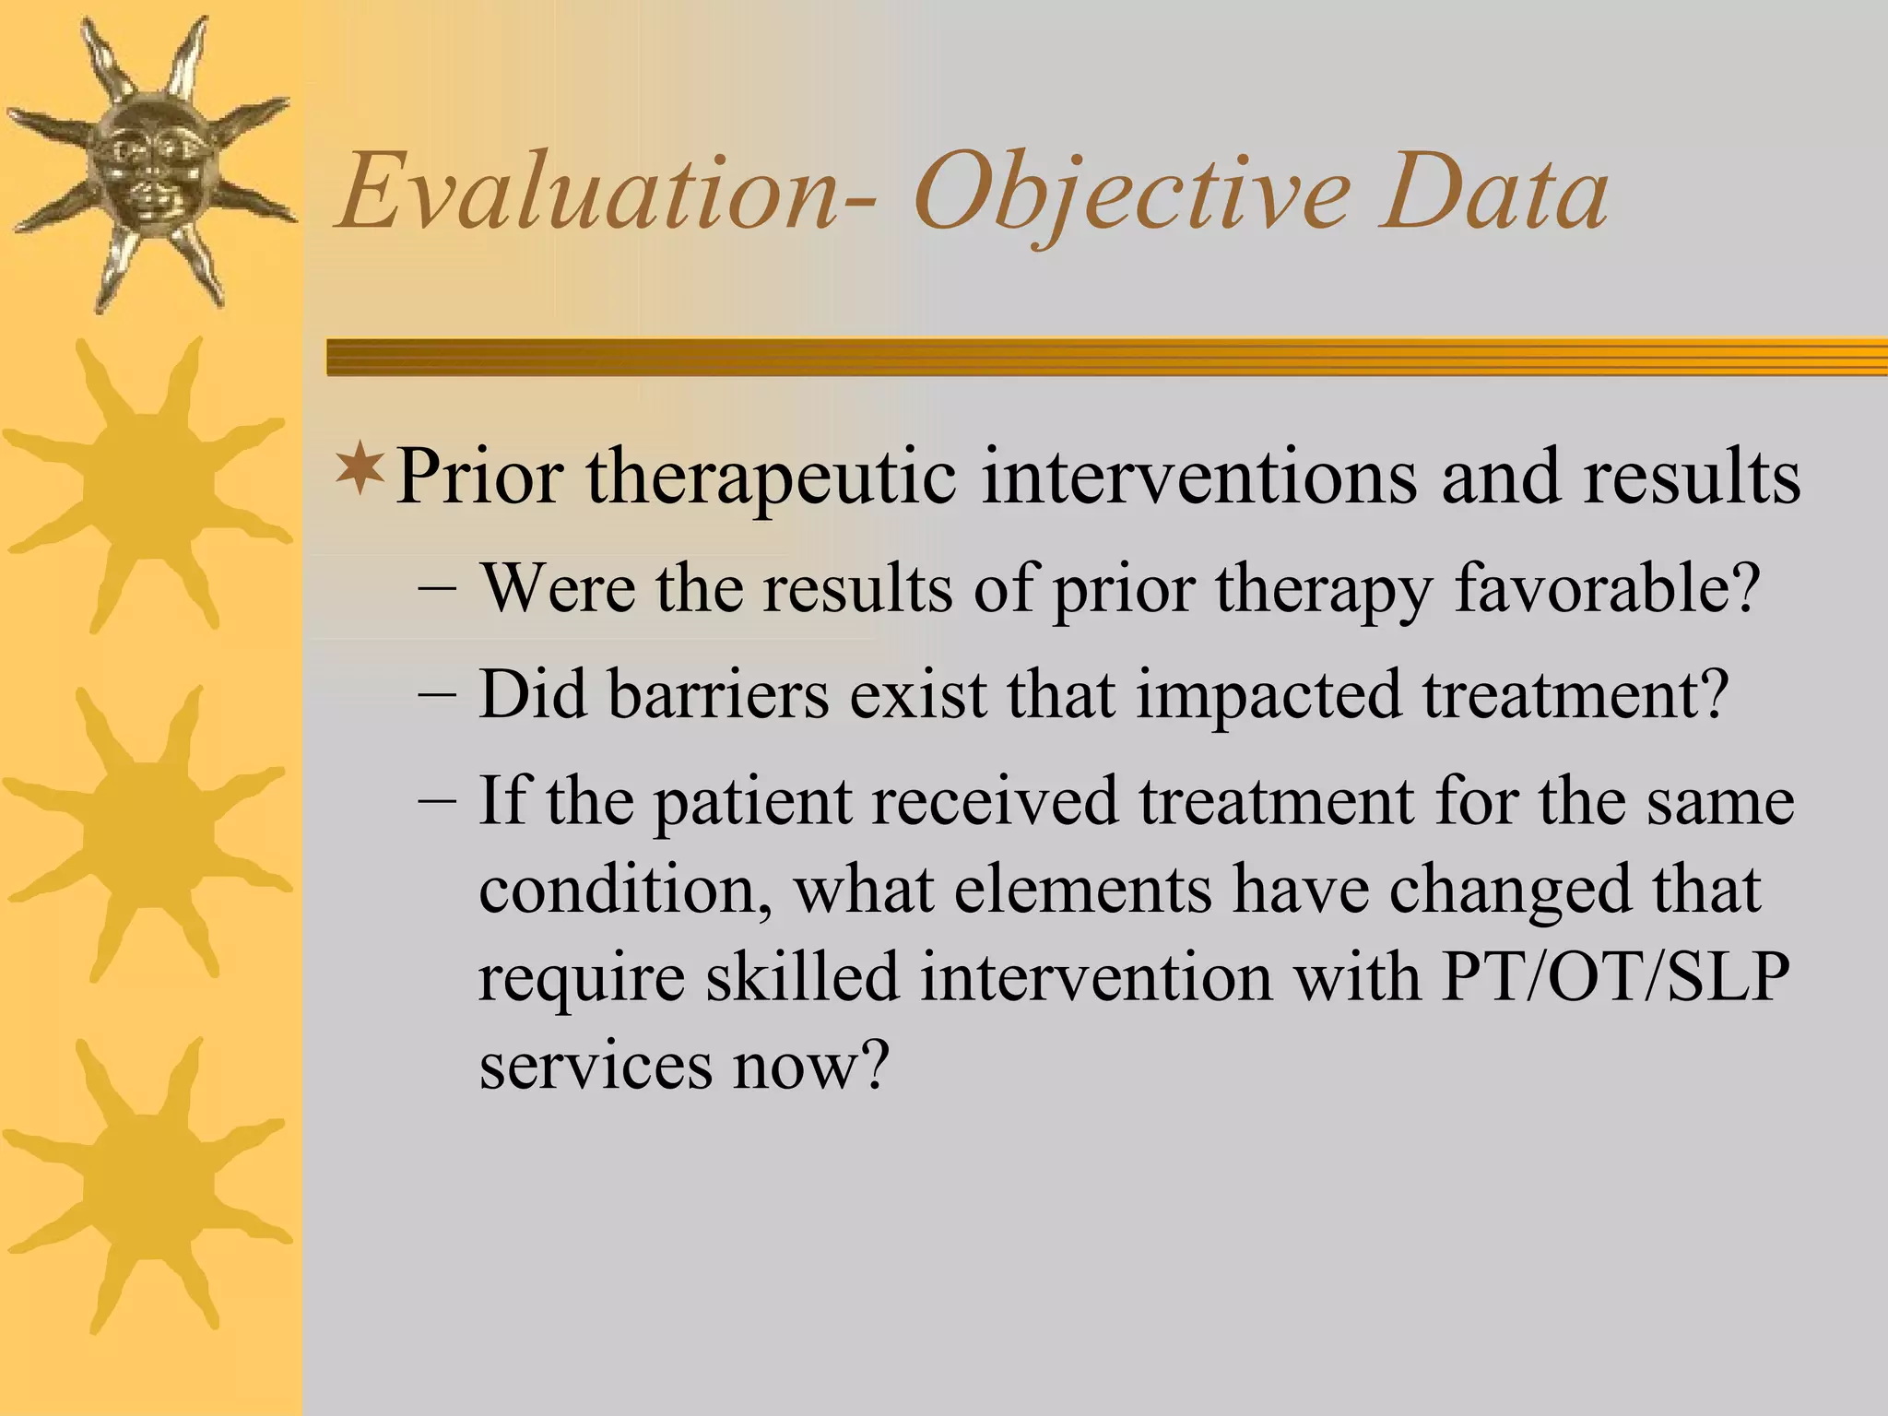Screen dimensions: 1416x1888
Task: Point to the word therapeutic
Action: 771,478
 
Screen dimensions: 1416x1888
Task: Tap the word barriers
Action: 718,693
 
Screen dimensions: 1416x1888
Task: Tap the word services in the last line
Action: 596,1065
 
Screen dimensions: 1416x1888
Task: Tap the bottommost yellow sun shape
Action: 147,1185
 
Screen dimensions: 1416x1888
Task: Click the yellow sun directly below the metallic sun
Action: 147,484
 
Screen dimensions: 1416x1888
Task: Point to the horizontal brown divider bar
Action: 1106,357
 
